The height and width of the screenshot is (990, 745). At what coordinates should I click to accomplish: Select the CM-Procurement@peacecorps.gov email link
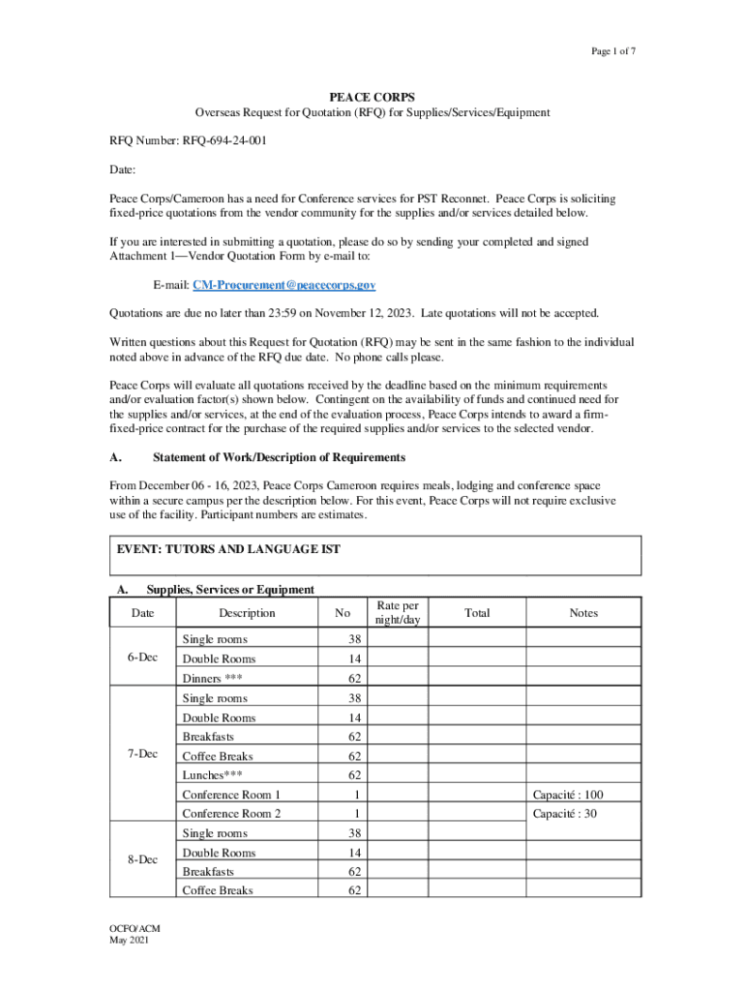[x=283, y=285]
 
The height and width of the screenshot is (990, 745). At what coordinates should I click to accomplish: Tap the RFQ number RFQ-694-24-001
[x=223, y=140]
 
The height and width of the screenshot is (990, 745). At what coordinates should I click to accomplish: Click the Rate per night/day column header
[x=398, y=613]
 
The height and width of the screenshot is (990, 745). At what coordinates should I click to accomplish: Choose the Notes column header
[x=583, y=613]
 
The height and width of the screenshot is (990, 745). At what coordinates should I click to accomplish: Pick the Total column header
[x=477, y=613]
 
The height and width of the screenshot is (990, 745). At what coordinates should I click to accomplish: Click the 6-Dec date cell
[x=143, y=658]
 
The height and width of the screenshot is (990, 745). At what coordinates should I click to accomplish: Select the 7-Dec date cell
[x=143, y=755]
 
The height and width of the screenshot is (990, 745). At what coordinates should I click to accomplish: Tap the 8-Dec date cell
[x=143, y=859]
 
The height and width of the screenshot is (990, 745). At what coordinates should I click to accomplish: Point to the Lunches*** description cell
[x=212, y=775]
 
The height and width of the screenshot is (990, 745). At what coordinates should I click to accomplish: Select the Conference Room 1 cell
[x=231, y=795]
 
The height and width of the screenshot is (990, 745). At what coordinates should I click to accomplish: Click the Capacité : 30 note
[x=565, y=814]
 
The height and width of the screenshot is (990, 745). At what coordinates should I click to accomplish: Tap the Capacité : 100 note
[x=568, y=795]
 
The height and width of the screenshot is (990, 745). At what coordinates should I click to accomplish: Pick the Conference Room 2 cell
[x=231, y=814]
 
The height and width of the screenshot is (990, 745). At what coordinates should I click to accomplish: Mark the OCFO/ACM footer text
[x=134, y=929]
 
